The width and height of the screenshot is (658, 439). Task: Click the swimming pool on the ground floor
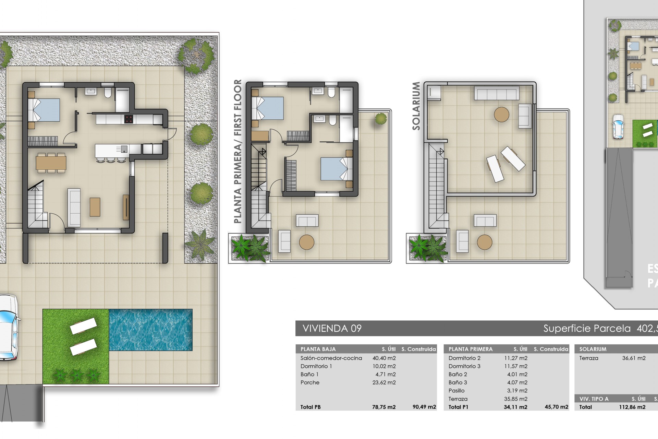[151, 330]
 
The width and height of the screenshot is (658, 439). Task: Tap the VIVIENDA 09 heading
[332, 328]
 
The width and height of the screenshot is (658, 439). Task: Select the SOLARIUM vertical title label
[416, 106]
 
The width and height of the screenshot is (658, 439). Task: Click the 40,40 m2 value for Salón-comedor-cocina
[384, 358]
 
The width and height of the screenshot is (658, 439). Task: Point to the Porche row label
[310, 382]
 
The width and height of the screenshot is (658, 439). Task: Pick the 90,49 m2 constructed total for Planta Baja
[424, 407]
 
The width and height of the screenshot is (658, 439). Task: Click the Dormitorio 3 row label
[464, 366]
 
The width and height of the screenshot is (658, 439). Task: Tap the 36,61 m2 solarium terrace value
[634, 358]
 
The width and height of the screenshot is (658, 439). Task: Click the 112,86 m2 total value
[634, 407]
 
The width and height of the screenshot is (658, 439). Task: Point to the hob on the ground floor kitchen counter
[129, 119]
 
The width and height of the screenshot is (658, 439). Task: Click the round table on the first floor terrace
[306, 242]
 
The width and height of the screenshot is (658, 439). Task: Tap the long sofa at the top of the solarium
[497, 93]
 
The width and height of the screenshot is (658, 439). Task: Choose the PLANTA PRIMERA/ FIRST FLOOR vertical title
[237, 151]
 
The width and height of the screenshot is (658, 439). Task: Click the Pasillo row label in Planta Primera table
[456, 391]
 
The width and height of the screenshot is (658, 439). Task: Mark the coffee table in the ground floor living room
[95, 207]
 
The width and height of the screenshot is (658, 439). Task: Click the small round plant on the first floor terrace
[381, 119]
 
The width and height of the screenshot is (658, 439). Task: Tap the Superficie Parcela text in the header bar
[587, 329]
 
